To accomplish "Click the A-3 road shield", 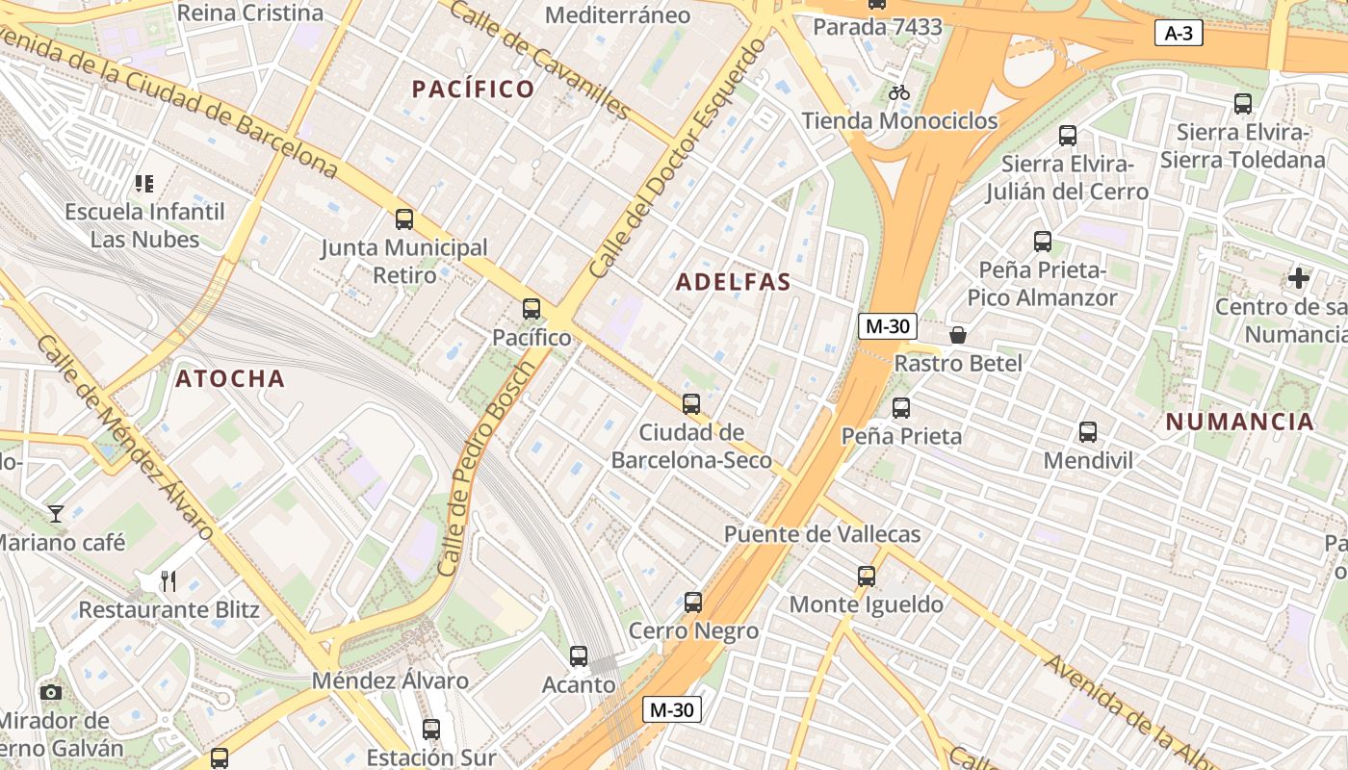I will [x=1179, y=34].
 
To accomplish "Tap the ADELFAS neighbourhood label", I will [x=733, y=282].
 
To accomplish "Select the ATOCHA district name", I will [x=230, y=379].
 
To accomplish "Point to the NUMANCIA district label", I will [x=1239, y=422].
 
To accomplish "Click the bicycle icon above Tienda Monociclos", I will [x=899, y=92].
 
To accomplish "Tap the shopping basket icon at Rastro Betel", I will [x=958, y=335].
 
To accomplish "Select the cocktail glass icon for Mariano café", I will [x=56, y=514].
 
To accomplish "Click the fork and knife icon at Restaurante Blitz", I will [x=168, y=580].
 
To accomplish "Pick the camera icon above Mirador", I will [x=51, y=692].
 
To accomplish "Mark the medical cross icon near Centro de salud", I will [x=1299, y=279].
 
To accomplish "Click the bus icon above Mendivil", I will [x=1088, y=432].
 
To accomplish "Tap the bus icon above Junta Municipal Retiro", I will [x=404, y=219].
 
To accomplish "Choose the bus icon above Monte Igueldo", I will [x=867, y=577].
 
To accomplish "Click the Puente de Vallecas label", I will [x=822, y=534].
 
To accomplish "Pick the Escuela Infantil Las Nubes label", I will [x=144, y=225].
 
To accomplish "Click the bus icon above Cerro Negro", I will [x=693, y=603].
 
